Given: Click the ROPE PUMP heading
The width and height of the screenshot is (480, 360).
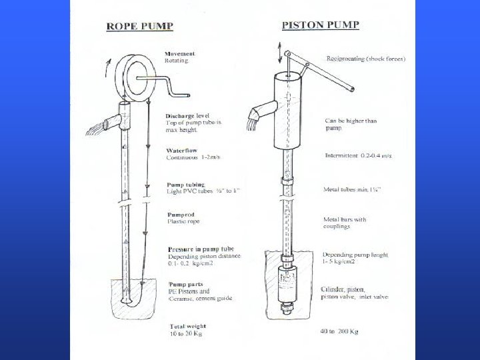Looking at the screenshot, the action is tap(140, 26).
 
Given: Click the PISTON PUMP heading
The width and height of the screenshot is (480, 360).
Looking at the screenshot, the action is tap(321, 25).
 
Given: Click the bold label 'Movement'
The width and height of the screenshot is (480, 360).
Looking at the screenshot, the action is tap(180, 53).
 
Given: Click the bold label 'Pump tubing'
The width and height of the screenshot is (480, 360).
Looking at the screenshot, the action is tap(185, 185).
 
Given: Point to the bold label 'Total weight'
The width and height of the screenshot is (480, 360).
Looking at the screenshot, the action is tap(184, 327).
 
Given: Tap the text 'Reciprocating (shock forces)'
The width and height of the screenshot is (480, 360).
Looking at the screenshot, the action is tap(365, 59).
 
